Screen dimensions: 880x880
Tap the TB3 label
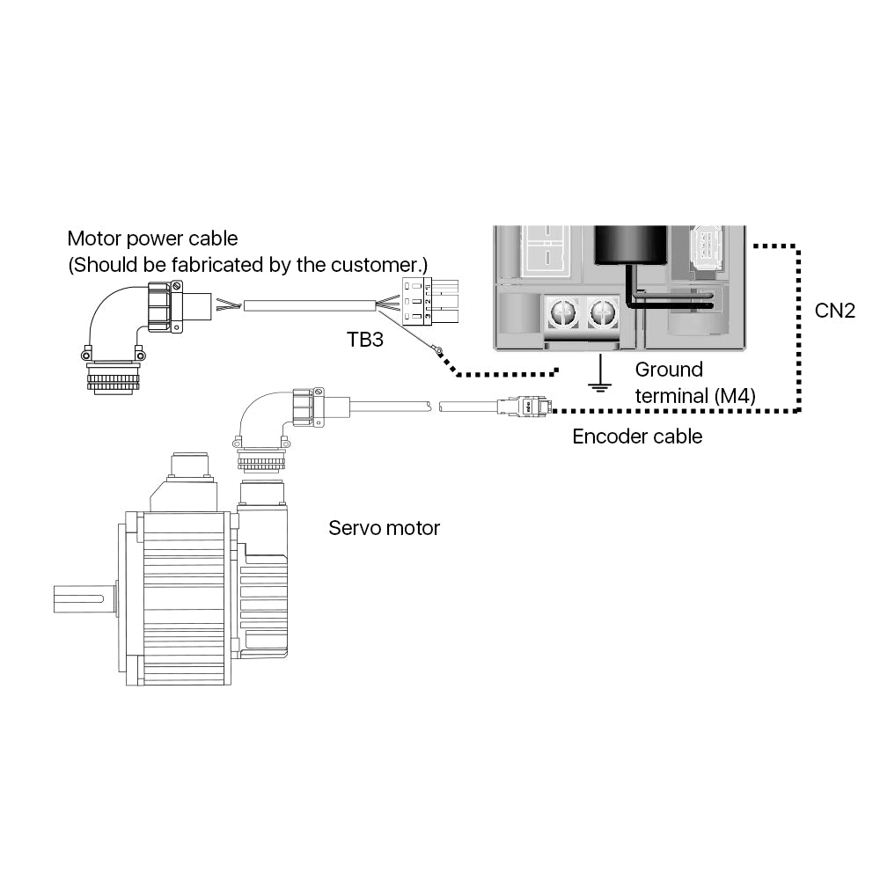[365, 340]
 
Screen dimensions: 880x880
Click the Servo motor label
[384, 528]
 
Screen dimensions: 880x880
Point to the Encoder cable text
[637, 436]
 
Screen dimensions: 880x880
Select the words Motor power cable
[152, 238]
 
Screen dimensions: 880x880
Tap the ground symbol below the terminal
[600, 378]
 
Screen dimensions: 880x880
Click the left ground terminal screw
[562, 312]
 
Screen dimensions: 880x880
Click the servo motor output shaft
[83, 600]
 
